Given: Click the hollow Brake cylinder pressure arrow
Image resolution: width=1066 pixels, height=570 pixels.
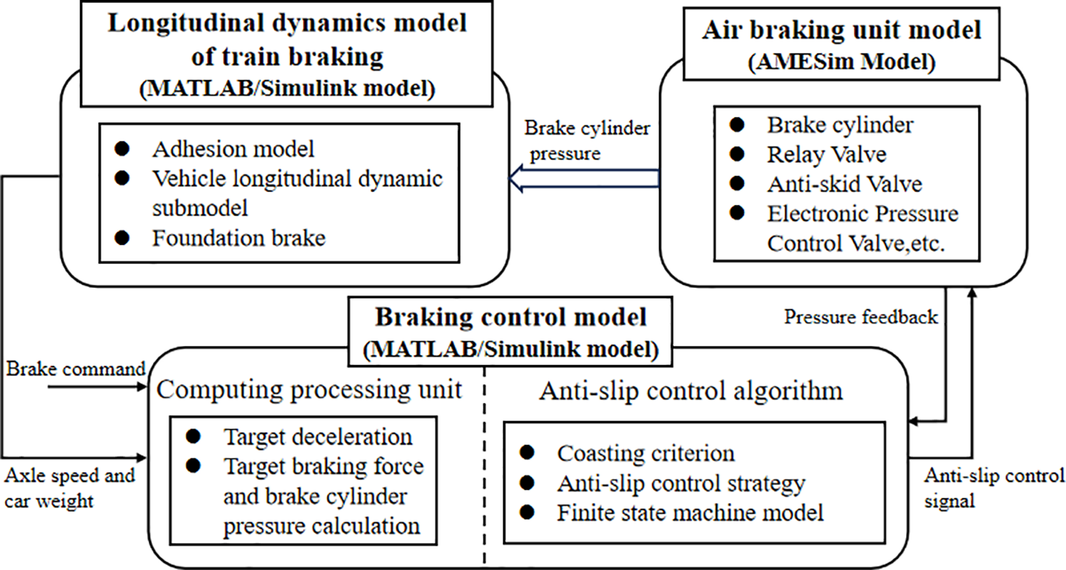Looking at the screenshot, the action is [584, 179].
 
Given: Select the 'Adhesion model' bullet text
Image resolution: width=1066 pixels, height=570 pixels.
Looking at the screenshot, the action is [233, 149].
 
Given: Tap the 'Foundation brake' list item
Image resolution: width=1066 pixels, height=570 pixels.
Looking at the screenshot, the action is [239, 238].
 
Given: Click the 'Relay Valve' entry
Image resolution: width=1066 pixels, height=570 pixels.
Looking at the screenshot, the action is [827, 154].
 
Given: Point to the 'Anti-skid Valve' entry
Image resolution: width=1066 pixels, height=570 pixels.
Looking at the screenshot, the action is [845, 184].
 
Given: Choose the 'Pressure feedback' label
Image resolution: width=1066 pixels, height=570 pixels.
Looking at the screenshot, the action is [861, 316].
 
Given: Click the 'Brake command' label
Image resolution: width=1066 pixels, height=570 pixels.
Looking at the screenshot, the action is [76, 369].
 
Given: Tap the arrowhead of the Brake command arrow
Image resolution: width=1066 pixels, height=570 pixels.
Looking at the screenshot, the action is [142, 387].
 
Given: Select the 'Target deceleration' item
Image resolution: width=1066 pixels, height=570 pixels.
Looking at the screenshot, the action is [318, 436].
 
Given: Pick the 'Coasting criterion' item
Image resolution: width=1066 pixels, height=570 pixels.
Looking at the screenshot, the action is [645, 453].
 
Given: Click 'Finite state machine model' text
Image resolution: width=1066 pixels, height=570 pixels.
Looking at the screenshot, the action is [690, 512].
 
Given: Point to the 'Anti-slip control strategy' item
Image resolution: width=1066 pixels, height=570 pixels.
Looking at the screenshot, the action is [681, 484].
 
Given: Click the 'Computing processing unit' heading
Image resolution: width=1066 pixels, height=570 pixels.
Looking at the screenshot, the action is [309, 389].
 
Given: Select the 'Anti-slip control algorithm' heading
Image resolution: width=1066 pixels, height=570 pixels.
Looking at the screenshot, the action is [691, 391].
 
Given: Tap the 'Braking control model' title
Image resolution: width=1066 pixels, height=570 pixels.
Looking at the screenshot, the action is [511, 317].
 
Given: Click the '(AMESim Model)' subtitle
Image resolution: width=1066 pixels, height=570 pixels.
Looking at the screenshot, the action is [842, 61].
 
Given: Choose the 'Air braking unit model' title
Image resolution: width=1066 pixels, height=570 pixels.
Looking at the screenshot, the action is [841, 29].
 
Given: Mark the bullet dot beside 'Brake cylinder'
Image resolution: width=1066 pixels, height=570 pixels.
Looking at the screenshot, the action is [737, 125].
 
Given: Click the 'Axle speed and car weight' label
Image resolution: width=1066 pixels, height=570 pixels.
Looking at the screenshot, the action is [70, 488].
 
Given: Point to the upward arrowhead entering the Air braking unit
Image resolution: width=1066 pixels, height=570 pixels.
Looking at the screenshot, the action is [972, 292].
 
